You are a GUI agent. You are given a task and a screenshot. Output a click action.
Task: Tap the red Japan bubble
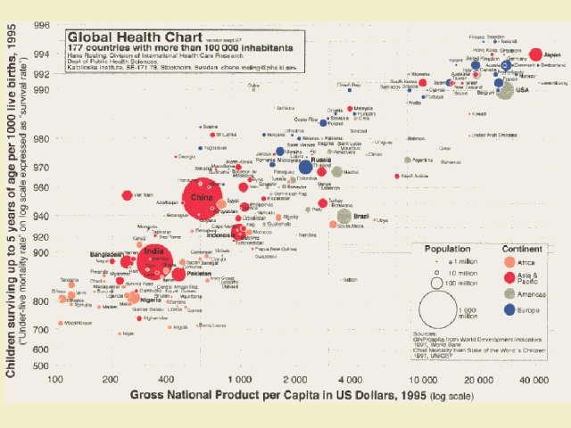536,54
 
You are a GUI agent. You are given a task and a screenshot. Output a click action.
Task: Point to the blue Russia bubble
305,167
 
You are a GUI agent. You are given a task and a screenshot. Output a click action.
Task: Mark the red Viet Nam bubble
128,195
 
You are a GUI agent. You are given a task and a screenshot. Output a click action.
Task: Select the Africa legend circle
509,262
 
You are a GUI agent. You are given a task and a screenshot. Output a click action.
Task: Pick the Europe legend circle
509,309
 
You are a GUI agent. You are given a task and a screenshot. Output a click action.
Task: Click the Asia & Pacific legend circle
509,277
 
